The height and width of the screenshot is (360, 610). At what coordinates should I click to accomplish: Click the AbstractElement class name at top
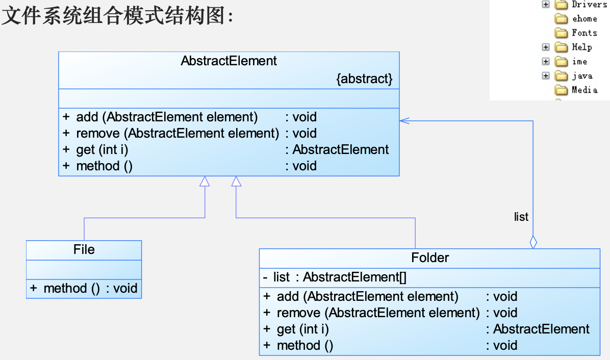tap(228, 61)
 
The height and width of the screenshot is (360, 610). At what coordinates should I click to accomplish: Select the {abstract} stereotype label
tap(364, 79)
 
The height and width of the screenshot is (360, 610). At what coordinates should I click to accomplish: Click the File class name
tap(84, 249)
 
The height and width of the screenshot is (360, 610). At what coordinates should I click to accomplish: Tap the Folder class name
tap(430, 258)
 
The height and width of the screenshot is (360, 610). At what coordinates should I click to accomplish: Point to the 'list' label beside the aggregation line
tap(521, 217)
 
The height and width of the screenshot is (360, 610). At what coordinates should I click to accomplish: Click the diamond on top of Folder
tap(533, 242)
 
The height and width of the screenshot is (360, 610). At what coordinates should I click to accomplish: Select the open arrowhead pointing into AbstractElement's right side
tap(404, 120)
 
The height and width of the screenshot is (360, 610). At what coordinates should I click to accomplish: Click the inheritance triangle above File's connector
tap(205, 181)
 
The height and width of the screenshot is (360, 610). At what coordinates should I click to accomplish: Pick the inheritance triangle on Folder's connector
tap(236, 181)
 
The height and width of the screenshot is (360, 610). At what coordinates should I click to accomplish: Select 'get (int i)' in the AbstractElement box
tap(102, 150)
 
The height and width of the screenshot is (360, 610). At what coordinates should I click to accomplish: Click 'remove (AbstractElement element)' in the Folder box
tap(378, 313)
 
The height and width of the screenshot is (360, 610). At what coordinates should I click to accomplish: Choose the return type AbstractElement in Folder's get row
tap(541, 329)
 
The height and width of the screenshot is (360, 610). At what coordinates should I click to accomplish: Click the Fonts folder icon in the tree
tap(561, 33)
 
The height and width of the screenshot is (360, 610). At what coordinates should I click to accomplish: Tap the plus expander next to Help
tap(546, 47)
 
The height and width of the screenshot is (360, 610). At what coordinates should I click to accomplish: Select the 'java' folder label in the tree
tap(582, 76)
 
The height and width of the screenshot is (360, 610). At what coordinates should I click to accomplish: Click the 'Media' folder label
tap(584, 90)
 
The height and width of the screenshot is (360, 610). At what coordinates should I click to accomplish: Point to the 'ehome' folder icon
tap(561, 19)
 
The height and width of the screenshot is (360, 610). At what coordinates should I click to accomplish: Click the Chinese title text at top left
tap(117, 17)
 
